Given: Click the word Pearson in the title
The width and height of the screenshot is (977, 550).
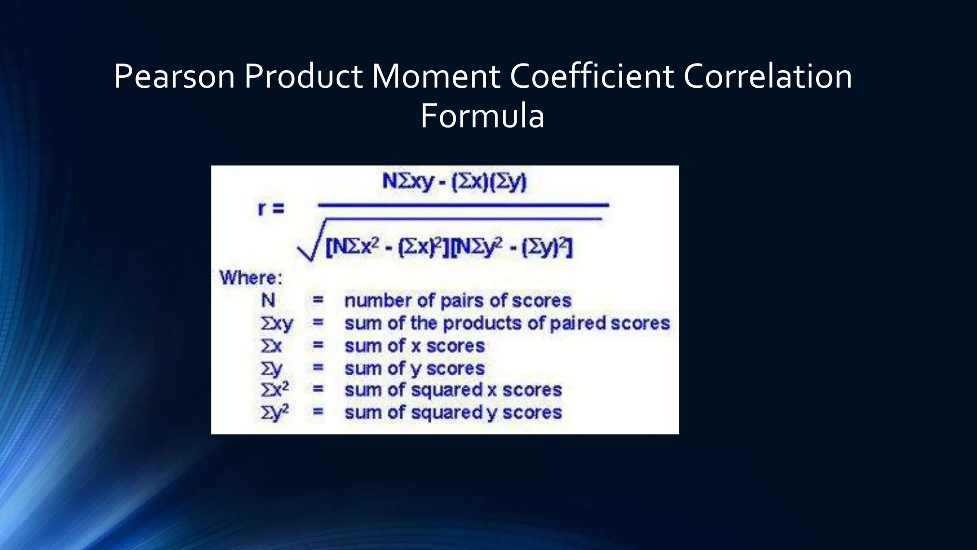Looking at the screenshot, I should (x=174, y=76).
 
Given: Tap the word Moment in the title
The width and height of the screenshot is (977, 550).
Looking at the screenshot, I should (x=436, y=76).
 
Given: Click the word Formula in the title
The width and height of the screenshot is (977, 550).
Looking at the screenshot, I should (x=482, y=116).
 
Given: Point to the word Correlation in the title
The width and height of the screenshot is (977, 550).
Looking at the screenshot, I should (x=768, y=76).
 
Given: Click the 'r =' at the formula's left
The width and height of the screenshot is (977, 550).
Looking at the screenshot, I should (x=271, y=209).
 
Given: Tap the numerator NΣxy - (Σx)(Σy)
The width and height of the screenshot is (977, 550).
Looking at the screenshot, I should (x=454, y=181).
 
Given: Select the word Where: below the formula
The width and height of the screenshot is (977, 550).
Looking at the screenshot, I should (x=251, y=278).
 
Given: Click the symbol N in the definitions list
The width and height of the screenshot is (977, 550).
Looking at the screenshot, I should (x=268, y=300).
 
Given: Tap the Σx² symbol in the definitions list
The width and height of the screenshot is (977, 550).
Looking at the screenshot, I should (x=275, y=390).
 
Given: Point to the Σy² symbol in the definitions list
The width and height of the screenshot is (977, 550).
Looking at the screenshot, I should (x=275, y=412).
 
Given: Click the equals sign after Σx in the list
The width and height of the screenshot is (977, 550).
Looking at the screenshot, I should (x=318, y=345).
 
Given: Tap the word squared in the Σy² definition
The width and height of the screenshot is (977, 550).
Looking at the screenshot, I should (x=447, y=412).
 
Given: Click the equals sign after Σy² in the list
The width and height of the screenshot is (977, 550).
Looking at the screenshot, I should (x=318, y=412).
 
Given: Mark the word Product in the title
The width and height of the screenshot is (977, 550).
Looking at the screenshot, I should (x=303, y=76).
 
